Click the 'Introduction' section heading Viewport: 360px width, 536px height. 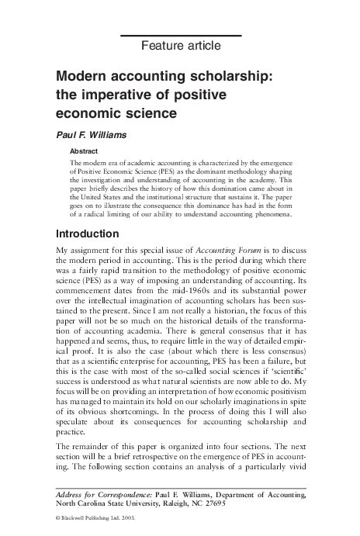coord(88,212)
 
